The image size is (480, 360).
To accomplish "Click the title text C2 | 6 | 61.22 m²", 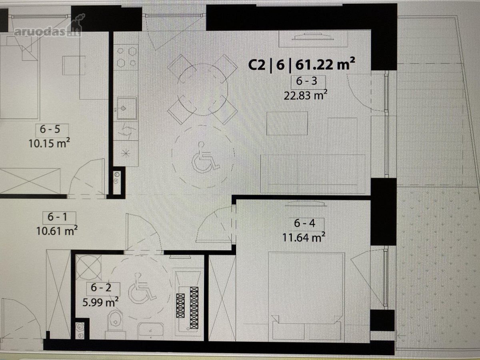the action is coord(302,64).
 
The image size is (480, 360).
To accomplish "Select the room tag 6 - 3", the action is coord(306,81).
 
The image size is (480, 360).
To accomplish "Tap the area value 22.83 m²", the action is coord(306,95).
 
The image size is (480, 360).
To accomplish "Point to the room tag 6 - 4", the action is coord(305,223).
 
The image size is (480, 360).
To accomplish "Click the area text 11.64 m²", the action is coord(304,237).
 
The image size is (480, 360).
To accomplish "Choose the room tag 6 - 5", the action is coord(50,129).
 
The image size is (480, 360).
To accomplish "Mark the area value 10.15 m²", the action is coord(49,143).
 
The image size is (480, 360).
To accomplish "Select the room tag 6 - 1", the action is coord(58,217).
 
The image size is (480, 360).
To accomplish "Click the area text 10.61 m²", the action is coord(57,231).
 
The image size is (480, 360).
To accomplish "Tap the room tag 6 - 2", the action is coord(101,288).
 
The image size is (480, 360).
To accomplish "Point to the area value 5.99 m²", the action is coord(100,302).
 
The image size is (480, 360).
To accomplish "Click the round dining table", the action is coord(202,89).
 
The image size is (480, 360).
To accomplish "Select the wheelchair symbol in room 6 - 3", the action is coord(205,157).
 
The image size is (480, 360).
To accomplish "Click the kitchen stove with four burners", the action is coord(126,57).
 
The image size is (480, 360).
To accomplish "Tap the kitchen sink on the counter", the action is coord(127,108).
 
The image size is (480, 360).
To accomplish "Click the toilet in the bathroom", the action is coord(115,324).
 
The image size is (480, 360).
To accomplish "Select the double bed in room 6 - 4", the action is coord(306,296).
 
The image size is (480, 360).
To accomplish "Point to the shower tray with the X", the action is coord(89,267).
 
